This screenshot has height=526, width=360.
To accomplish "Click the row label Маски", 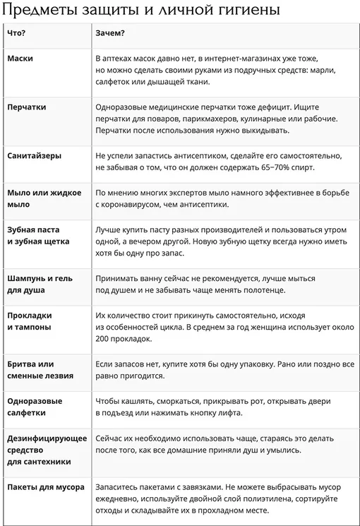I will coord(20,59).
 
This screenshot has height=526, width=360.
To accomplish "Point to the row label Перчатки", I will coord(27,107).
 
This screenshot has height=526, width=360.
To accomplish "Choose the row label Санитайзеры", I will coord(34,155).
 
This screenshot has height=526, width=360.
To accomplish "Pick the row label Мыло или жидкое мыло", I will coord(44,198).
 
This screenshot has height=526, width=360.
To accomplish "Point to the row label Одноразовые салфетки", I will coord(35,407).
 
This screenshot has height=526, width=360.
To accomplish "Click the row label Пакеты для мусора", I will coord(46,487).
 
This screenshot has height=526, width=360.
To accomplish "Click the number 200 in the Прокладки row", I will coord(103,339).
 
